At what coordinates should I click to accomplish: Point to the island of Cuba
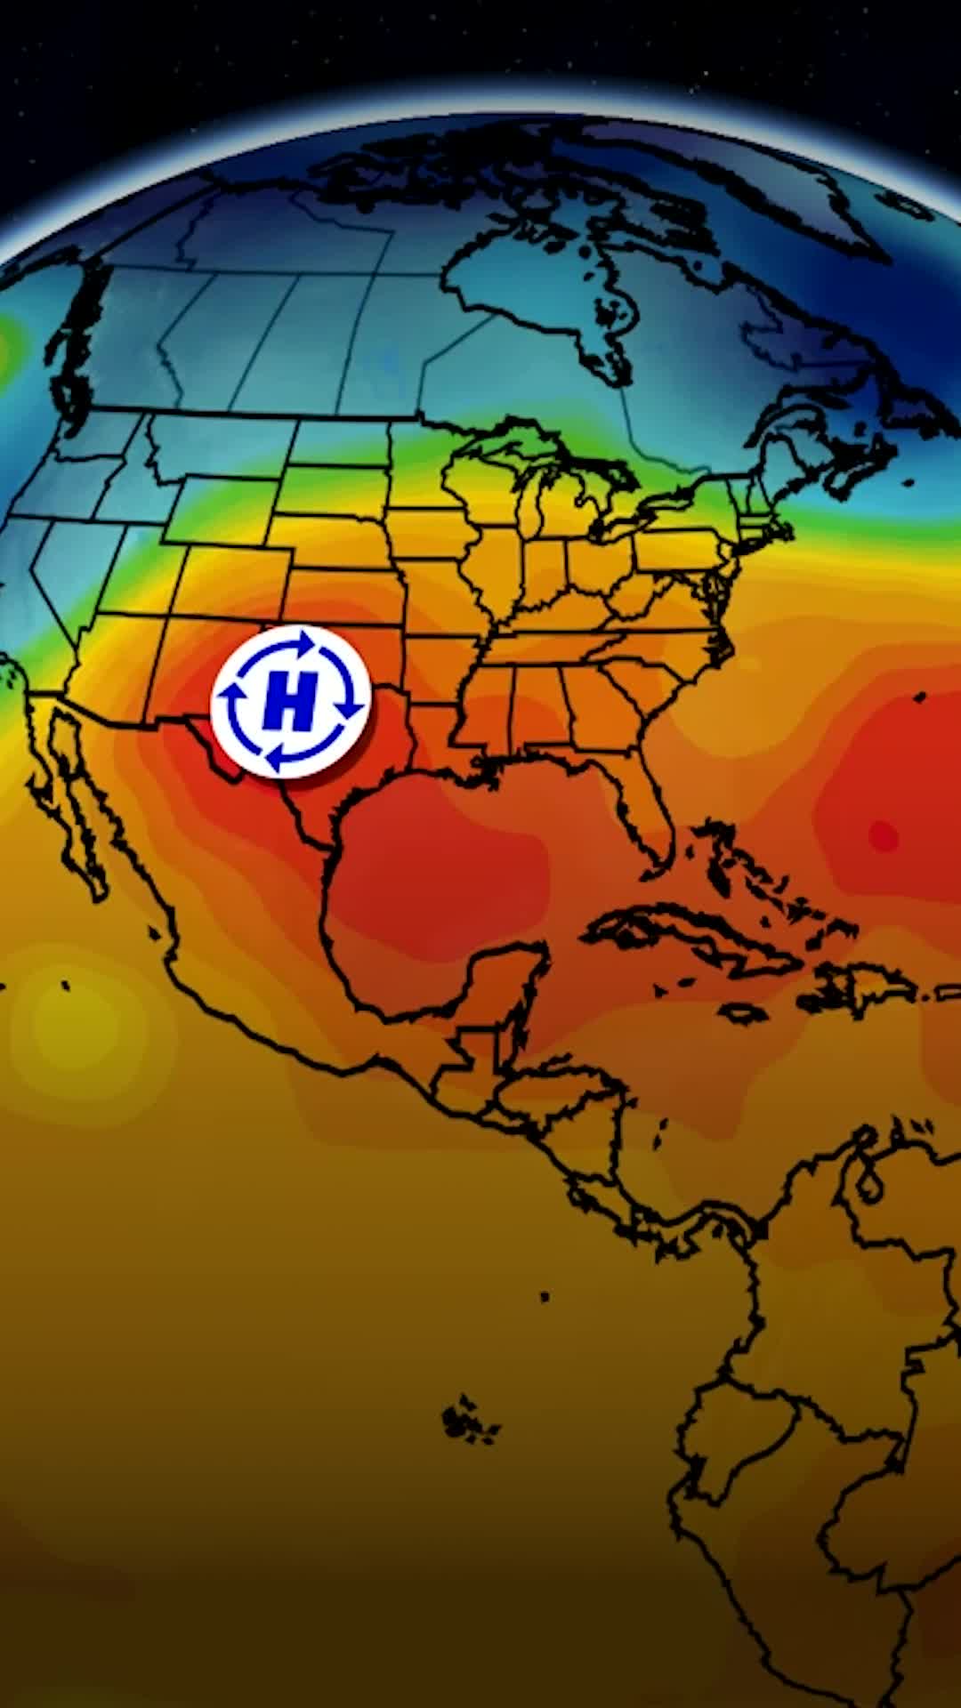[x=694, y=943]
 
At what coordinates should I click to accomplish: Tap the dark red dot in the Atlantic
[x=883, y=835]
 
